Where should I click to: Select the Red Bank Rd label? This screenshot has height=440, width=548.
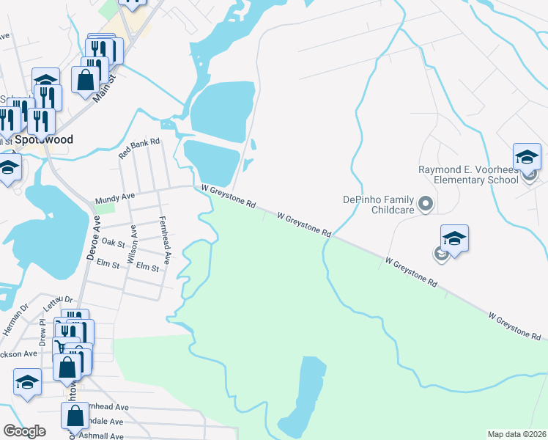click(x=139, y=152)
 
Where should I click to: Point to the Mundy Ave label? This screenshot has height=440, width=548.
click(x=115, y=198)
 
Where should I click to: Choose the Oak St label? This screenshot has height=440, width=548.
click(x=114, y=241)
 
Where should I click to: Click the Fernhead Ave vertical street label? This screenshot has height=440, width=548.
click(x=166, y=240)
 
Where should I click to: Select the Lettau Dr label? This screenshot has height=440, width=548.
click(x=59, y=299)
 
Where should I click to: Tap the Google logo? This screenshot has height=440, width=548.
click(x=24, y=431)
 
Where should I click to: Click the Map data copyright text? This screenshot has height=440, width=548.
click(x=517, y=434)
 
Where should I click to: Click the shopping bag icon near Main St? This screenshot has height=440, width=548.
click(x=86, y=81)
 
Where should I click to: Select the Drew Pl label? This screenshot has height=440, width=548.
click(x=42, y=332)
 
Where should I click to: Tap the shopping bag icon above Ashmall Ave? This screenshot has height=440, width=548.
click(x=75, y=416)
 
